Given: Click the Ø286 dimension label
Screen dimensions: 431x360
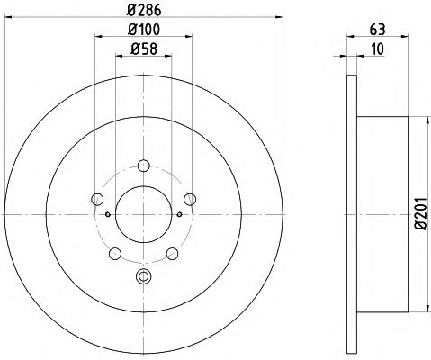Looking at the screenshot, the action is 144,11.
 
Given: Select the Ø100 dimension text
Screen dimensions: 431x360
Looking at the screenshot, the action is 144,30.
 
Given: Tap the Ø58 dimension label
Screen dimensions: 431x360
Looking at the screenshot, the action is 144,49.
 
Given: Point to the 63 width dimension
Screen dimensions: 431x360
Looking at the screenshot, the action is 377,30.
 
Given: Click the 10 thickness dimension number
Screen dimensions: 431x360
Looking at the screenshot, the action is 377,49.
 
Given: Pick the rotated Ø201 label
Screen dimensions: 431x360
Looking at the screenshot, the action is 421,214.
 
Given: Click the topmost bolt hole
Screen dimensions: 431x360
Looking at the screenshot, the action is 144,166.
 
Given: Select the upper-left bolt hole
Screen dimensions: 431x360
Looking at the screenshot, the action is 97,199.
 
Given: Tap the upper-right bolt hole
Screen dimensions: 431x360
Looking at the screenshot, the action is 190,199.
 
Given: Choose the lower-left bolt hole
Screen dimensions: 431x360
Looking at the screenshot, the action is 115,254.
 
